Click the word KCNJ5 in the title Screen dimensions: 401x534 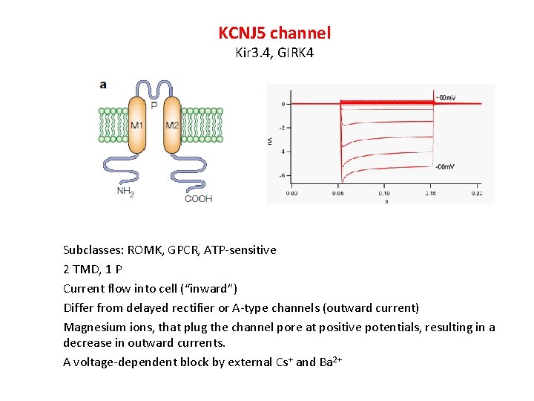[x=243, y=33]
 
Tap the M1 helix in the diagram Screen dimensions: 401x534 [x=137, y=125]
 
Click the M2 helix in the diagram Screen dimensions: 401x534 [x=171, y=125]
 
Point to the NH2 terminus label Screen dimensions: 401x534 [x=126, y=191]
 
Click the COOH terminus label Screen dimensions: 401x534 [x=198, y=198]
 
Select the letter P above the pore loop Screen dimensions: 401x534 [x=154, y=105]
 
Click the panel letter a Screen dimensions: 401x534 [x=103, y=85]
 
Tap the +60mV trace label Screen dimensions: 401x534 [x=445, y=98]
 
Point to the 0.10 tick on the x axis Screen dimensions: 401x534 [x=384, y=193]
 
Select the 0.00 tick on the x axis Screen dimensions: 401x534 [x=292, y=193]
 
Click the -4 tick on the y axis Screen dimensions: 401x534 [x=282, y=151]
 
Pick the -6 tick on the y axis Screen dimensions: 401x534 [x=282, y=175]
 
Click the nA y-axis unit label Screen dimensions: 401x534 [x=270, y=140]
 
